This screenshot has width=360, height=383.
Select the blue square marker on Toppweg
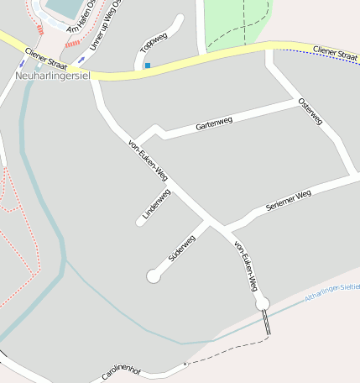click(x=148, y=66)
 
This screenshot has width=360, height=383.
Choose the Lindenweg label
click(x=157, y=204)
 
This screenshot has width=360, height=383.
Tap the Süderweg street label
click(x=182, y=248)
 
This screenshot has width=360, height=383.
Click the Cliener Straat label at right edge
click(x=335, y=52)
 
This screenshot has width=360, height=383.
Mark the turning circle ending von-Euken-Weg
click(x=262, y=302)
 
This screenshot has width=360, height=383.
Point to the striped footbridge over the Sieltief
click(x=268, y=323)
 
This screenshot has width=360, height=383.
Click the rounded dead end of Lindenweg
click(x=140, y=223)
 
